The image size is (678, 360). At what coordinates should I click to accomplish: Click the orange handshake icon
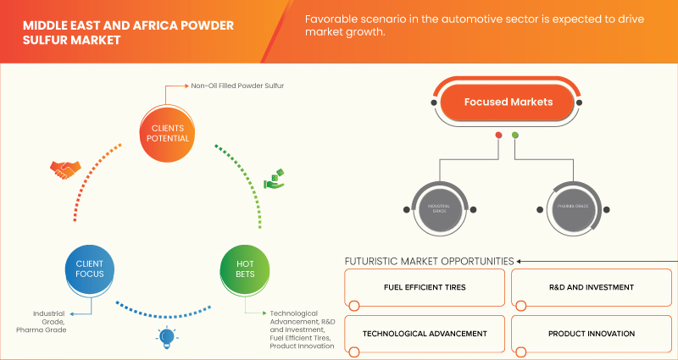tap(64, 170)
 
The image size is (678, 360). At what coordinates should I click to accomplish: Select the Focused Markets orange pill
tap(508, 102)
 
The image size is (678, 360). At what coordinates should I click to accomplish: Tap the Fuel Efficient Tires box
tap(424, 288)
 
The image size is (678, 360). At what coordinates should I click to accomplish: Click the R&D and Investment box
tap(591, 288)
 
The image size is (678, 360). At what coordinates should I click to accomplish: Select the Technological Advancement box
tap(424, 334)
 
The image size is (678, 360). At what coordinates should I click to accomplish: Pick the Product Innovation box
tap(591, 334)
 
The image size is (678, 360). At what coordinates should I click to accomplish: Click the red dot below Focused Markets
tap(498, 135)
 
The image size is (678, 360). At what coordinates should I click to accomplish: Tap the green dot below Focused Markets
tap(515, 135)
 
